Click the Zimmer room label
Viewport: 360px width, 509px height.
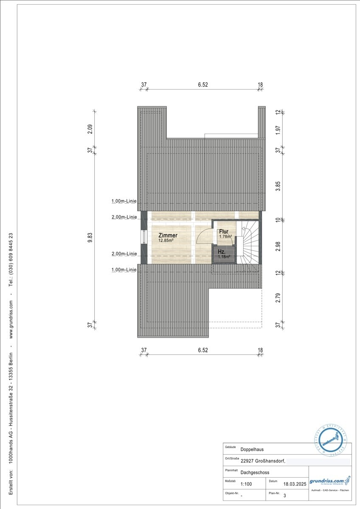click(168, 235)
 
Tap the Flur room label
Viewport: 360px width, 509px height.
click(224, 232)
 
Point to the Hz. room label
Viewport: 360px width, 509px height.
click(222, 252)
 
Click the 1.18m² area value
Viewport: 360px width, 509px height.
click(224, 257)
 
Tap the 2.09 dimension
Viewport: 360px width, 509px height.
click(90, 129)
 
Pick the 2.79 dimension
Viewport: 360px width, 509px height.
click(278, 298)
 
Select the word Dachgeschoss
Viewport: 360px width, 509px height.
click(255, 472)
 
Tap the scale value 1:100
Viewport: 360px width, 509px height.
click(246, 484)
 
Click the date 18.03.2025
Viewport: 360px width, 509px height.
click(295, 484)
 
